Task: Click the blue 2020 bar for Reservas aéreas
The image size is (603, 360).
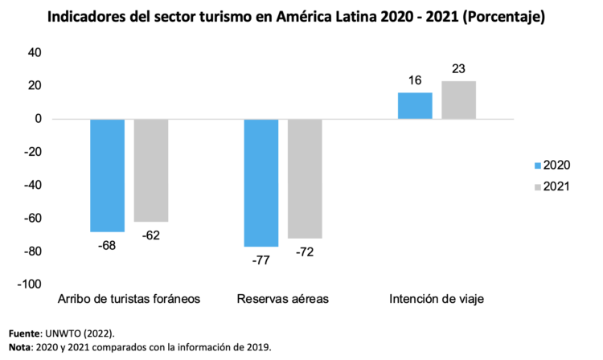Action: pos(261,182)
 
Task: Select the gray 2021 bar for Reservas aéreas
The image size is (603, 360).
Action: pos(305,178)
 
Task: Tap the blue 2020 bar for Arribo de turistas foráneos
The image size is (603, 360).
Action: pos(107,175)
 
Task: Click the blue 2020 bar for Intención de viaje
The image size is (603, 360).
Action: pos(415,106)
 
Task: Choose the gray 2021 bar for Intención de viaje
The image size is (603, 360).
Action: pos(458,100)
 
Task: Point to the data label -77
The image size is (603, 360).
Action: pos(261,260)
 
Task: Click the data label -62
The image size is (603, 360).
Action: pos(151,235)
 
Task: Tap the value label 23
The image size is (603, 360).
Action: pos(458,69)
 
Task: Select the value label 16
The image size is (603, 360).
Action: pos(415,81)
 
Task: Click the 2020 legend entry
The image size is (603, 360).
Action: pos(550,165)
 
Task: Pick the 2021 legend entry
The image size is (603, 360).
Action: pos(550,186)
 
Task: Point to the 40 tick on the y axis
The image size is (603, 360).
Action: pos(35,53)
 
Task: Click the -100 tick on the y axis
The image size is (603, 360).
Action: pos(30,284)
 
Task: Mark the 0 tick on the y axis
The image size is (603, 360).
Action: pos(39,119)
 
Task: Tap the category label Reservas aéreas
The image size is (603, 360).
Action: pos(283,299)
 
